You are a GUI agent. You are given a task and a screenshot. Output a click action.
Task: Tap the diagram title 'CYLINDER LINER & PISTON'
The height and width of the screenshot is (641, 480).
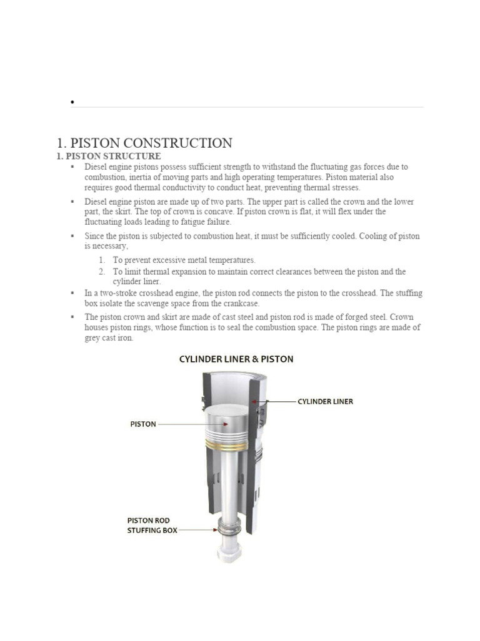(236, 359)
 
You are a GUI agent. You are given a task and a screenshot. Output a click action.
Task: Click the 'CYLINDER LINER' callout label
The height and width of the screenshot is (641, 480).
(325, 401)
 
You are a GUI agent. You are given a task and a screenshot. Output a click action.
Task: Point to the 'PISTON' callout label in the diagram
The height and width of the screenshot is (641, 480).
(142, 424)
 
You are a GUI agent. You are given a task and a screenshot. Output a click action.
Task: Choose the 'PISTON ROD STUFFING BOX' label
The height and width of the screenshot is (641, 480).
(152, 525)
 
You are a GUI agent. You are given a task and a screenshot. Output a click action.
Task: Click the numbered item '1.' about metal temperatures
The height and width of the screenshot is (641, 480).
(102, 260)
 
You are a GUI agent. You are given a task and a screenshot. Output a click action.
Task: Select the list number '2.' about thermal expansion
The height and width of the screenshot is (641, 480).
(102, 272)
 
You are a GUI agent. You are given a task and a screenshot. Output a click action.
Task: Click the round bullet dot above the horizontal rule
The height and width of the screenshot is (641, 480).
(73, 102)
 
